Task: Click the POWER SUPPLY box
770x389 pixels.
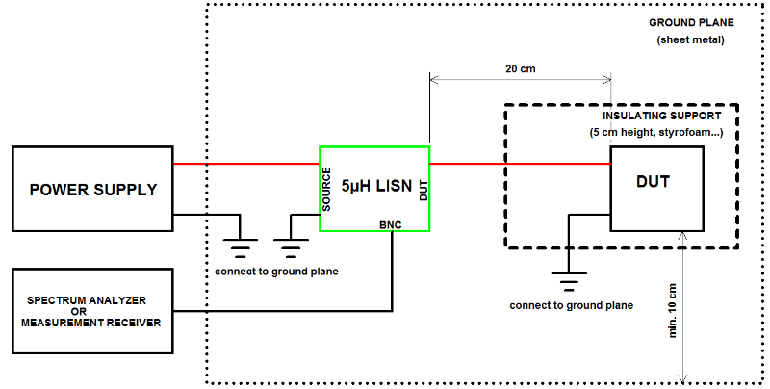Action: pos(92,189)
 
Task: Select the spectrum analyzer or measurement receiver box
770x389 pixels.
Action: pos(92,310)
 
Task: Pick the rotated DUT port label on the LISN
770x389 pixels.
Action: pos(423,188)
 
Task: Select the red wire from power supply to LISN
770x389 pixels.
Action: pos(245,164)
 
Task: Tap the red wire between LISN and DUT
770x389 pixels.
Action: pos(520,164)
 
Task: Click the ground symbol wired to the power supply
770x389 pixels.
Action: pos(239,247)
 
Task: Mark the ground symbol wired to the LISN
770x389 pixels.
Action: pos(290,247)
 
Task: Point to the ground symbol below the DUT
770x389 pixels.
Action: pos(570,284)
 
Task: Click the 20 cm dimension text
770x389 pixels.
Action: pos(521,69)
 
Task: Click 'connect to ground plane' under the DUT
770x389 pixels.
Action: pos(572,305)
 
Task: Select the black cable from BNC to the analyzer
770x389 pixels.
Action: pos(289,310)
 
